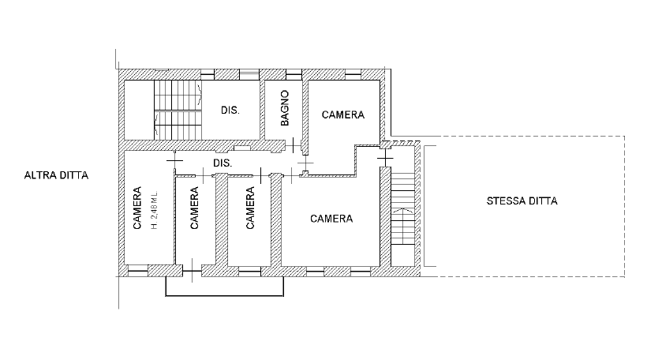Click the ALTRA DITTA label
[x=57, y=175]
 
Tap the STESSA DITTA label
[x=522, y=201]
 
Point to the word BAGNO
[x=285, y=108]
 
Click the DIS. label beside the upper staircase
[x=230, y=111]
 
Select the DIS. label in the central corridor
[x=223, y=163]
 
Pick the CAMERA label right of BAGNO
[x=343, y=114]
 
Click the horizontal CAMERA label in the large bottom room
[x=331, y=219]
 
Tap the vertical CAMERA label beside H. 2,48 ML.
[x=137, y=208]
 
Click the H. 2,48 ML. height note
[x=155, y=210]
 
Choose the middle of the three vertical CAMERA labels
[x=194, y=208]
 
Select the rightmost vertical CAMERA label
[x=250, y=208]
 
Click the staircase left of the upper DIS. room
[x=178, y=110]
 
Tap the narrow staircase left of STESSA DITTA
[x=402, y=208]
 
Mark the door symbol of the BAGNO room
[x=294, y=145]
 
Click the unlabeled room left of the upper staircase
[x=139, y=110]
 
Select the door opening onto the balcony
[x=193, y=271]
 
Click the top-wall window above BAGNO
[x=294, y=74]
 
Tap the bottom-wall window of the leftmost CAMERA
[x=138, y=271]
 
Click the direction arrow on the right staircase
[x=402, y=211]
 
